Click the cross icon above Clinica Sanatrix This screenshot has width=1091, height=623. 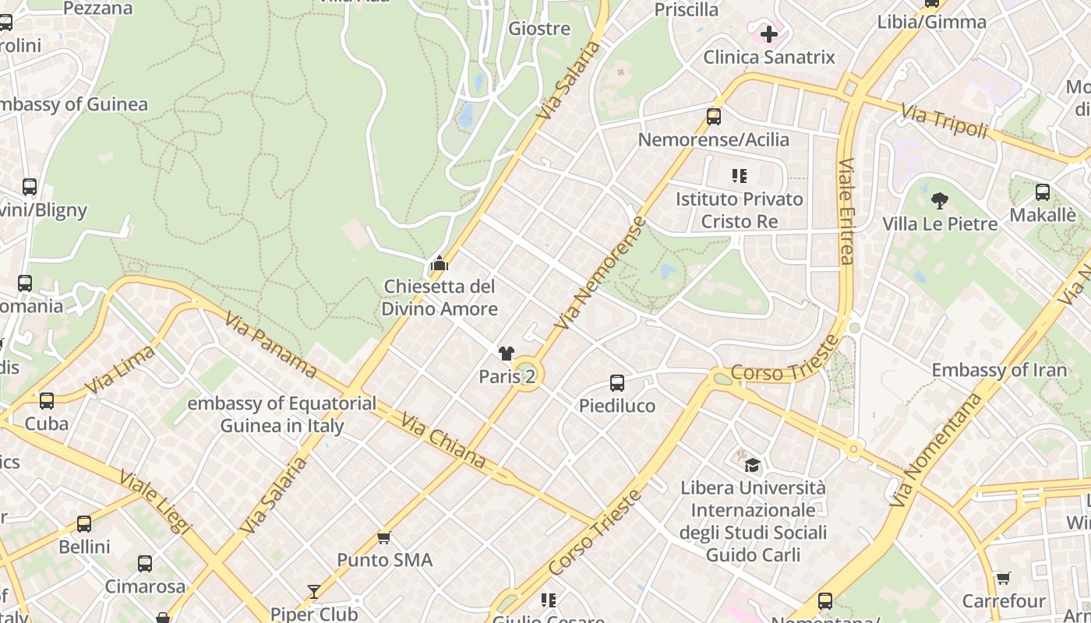tap(769, 34)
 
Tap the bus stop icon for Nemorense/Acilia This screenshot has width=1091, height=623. tap(713, 117)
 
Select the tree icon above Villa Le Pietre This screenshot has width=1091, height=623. tap(940, 201)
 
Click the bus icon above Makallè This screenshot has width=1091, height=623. tap(1043, 192)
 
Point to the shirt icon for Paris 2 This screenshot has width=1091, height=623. tap(507, 354)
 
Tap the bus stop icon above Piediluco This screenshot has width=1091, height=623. tap(617, 383)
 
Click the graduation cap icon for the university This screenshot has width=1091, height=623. tap(752, 465)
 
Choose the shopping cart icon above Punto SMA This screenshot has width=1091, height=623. tap(383, 537)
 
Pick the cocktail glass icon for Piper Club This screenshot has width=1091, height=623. tap(314, 592)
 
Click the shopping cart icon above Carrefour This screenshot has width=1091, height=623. tap(1004, 579)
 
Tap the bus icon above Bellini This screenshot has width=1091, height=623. tap(84, 524)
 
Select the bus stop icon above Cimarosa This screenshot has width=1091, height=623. tap(145, 564)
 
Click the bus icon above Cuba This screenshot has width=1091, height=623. tap(47, 401)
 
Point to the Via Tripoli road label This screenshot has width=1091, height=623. tap(944, 122)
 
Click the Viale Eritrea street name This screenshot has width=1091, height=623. tap(846, 212)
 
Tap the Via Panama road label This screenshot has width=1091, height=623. tap(270, 345)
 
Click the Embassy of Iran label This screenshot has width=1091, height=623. tap(999, 370)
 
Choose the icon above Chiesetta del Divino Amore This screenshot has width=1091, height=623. tap(440, 264)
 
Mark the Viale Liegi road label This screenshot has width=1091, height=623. tap(155, 502)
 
